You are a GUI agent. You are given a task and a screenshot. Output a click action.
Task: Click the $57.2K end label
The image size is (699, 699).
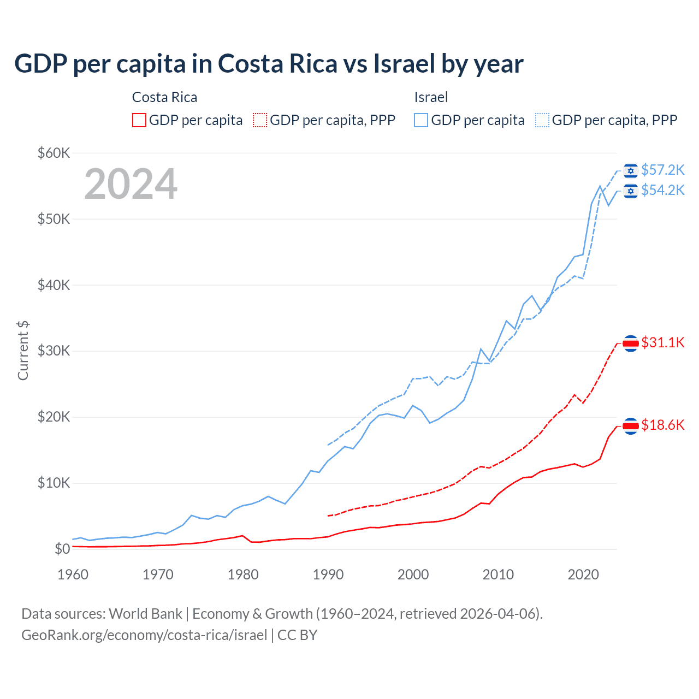(662, 170)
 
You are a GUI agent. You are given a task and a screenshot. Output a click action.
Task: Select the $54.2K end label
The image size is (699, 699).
(662, 190)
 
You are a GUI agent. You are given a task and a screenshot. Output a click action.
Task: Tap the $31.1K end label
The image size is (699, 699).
(662, 342)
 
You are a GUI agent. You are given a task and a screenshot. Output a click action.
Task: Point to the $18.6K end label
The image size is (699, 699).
(662, 425)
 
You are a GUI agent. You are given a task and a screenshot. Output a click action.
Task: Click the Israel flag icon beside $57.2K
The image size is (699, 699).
(631, 171)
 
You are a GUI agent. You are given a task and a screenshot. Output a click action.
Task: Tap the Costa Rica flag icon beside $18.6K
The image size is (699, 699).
(631, 426)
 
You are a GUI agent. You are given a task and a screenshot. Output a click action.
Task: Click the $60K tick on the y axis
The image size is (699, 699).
(54, 153)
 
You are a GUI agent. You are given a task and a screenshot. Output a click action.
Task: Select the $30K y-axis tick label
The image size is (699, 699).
(54, 351)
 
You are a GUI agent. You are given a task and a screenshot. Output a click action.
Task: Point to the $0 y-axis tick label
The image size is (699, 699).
(62, 549)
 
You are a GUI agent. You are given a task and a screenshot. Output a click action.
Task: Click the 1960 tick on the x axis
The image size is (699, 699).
(73, 574)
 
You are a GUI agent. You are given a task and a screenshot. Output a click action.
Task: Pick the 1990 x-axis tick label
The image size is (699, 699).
(328, 574)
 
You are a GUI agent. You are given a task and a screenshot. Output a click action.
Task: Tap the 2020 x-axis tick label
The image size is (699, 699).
(583, 574)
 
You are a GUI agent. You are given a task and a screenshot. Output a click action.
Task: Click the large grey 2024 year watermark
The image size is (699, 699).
(131, 184)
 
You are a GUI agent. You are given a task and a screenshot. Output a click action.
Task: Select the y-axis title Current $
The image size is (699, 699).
(23, 350)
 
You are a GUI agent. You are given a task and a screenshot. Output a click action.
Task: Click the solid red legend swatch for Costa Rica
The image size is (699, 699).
(139, 120)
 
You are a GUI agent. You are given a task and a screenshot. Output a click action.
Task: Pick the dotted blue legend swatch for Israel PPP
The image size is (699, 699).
(542, 120)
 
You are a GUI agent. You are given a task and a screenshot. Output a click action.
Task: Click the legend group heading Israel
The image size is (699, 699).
(431, 97)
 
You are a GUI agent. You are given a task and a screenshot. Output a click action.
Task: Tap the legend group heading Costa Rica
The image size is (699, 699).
(164, 97)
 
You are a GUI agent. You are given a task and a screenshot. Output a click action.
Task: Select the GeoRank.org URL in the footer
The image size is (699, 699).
(144, 635)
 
